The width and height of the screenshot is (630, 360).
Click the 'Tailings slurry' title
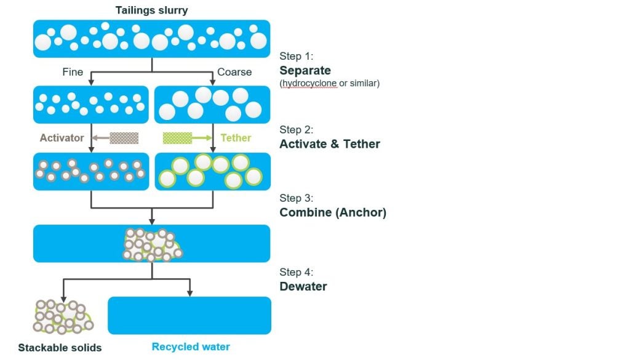(152, 10)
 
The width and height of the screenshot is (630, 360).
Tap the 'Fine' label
(73, 72)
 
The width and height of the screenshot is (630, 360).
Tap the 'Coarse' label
(234, 72)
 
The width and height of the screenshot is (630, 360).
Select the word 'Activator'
(62, 138)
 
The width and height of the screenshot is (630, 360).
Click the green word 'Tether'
(236, 138)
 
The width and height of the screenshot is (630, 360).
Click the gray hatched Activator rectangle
(124, 138)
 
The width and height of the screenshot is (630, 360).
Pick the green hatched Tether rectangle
(177, 138)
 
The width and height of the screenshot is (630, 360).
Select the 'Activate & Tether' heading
(330, 144)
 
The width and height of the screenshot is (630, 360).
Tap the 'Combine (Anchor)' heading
(333, 213)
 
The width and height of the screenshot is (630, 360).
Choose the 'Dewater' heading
(303, 286)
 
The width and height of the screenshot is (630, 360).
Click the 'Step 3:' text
(297, 199)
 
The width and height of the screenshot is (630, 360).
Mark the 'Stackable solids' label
(60, 348)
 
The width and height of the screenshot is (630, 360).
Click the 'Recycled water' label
(191, 347)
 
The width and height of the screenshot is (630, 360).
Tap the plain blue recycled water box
(189, 315)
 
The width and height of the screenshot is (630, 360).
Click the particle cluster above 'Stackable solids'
(62, 316)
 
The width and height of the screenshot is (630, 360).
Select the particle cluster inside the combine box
(152, 244)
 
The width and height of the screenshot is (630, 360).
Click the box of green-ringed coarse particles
(212, 171)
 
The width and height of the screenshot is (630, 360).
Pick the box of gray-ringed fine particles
(91, 171)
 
